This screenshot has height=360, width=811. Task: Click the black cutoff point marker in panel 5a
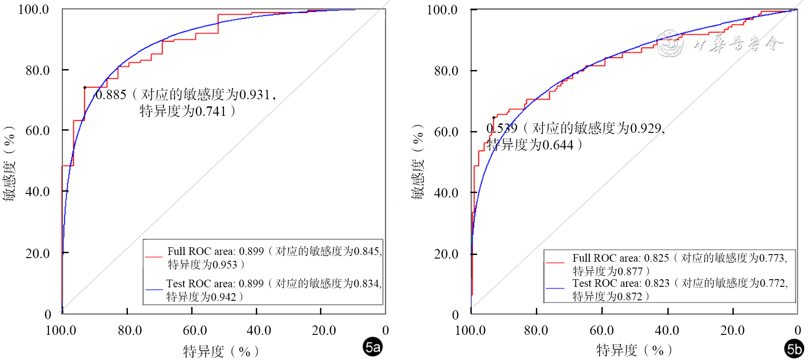pyautogui.click(x=84, y=88)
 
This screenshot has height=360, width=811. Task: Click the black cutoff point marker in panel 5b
pyautogui.click(x=494, y=118)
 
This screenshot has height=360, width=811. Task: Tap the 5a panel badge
pyautogui.click(x=373, y=347)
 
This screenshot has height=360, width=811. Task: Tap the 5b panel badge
pyautogui.click(x=794, y=349)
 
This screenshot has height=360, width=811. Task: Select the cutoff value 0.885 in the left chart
pyautogui.click(x=111, y=95)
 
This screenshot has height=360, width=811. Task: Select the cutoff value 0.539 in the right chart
pyautogui.click(x=502, y=129)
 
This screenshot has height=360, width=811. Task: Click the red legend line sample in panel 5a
pyautogui.click(x=154, y=257)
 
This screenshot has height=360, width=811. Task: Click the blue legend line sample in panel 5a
pyautogui.click(x=154, y=290)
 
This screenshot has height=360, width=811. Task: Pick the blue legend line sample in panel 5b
pyautogui.click(x=555, y=288)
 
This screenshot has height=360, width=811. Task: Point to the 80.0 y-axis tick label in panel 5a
pyautogui.click(x=38, y=70)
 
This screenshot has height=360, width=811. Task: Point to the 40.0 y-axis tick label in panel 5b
pyautogui.click(x=446, y=193)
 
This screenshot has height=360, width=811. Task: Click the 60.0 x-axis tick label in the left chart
pyautogui.click(x=195, y=331)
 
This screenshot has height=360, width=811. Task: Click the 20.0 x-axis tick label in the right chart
pyautogui.click(x=732, y=331)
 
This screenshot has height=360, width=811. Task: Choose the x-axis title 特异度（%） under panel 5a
pyautogui.click(x=221, y=351)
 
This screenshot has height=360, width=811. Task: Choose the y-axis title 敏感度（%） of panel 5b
pyautogui.click(x=417, y=162)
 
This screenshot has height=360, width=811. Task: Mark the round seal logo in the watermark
pyautogui.click(x=670, y=44)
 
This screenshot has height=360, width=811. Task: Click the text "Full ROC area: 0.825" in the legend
pyautogui.click(x=621, y=258)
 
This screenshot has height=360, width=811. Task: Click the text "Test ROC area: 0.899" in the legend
pyautogui.click(x=215, y=284)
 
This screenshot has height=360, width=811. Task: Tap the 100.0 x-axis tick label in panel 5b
pyautogui.click(x=470, y=331)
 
